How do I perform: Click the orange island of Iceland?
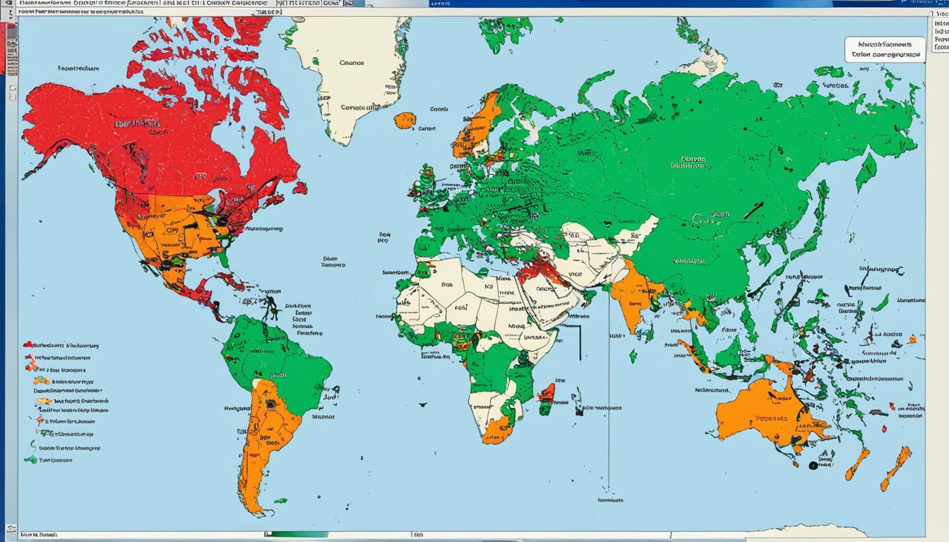pos(405,120)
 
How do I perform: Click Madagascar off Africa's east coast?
pos(547,398)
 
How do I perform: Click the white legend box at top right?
pos(885,49)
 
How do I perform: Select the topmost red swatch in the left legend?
pos(28,345)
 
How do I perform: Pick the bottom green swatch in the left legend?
pos(30,459)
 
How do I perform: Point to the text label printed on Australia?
pos(782,418)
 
